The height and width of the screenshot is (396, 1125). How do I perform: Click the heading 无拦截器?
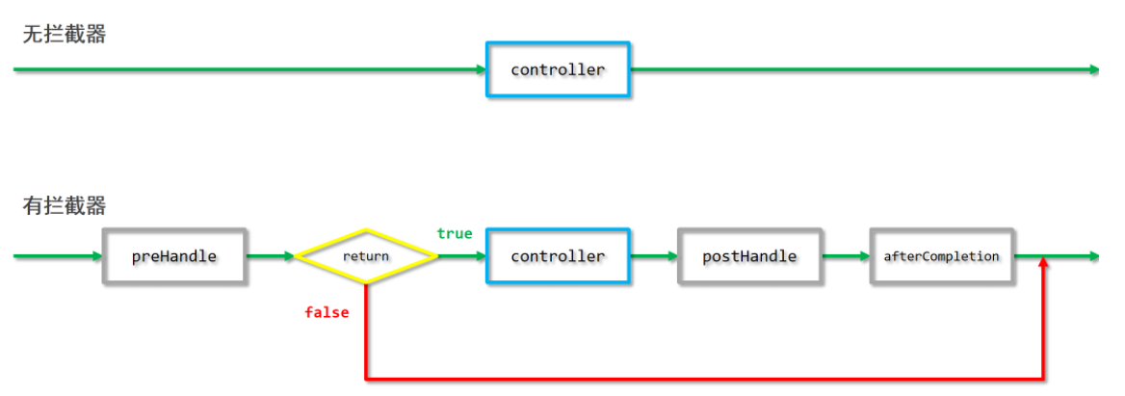coord(64,34)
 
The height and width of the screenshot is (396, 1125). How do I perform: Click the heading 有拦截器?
coord(64,206)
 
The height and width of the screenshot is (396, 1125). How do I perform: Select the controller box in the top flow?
coord(559,70)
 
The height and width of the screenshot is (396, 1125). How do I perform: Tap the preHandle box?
coord(174,256)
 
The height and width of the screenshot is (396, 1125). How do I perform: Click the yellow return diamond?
coord(366,256)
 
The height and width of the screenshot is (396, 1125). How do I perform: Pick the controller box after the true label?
coord(559,256)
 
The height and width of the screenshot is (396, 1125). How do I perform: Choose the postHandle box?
coord(750,256)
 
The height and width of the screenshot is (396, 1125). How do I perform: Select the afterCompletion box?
coord(942,256)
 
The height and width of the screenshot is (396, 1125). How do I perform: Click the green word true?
coord(455,234)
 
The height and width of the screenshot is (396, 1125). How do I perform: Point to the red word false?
coord(327,313)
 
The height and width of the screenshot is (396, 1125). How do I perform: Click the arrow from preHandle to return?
coord(272,256)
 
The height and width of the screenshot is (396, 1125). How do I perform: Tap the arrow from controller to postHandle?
coord(654,256)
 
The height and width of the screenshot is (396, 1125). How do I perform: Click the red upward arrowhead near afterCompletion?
coord(1043,264)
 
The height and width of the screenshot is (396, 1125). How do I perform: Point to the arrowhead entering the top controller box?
coord(481,70)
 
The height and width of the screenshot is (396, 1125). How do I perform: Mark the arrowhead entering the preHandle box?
coord(97,256)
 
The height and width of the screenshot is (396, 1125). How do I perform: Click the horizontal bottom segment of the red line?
coord(704,378)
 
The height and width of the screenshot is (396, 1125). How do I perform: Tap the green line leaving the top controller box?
coord(865,70)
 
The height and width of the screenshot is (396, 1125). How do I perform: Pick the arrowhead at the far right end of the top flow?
coord(1094,70)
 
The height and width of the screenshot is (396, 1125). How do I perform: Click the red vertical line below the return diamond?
coord(366,330)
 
